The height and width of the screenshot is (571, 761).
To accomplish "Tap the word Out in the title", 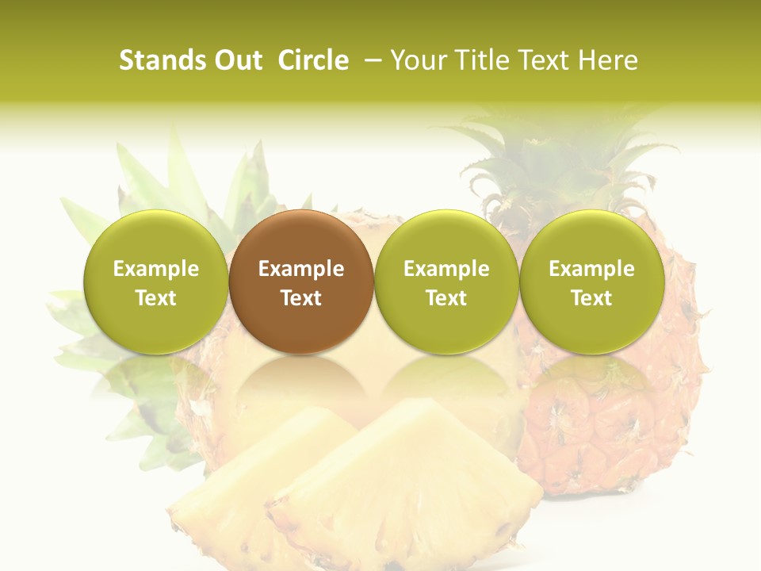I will point(235,60).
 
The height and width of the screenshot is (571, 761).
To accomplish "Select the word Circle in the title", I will point(313,60).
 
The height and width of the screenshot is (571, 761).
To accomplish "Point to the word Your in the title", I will point(419,60).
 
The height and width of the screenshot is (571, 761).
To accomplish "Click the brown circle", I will point(301,282).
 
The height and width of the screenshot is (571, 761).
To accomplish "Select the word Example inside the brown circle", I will point(301,269).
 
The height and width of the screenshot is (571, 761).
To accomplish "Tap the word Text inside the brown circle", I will point(301,298).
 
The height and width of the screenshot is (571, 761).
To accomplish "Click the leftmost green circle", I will point(155,282).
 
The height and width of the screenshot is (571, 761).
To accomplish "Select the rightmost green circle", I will point(592,282).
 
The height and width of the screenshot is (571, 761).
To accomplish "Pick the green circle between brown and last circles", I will point(446,282).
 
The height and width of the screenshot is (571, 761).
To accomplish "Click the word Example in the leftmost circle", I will point(155,269).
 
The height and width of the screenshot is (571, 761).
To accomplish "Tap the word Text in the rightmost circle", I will point(592,298).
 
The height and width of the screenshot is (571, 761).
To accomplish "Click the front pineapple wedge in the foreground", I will point(404,484).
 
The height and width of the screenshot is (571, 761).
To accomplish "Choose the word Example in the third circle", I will point(446,269).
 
